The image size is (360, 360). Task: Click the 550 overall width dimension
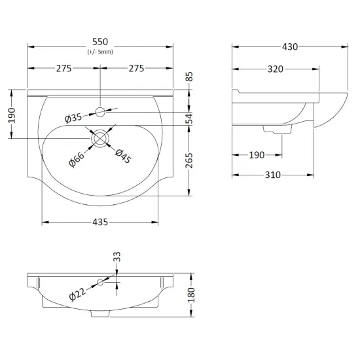pyautogui.click(x=100, y=42)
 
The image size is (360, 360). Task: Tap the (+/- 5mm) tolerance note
pyautogui.click(x=100, y=52)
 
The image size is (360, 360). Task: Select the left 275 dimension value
pyautogui.click(x=64, y=69)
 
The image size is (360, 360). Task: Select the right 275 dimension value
pyautogui.click(x=136, y=69)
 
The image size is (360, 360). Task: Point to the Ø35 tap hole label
pyautogui.click(x=73, y=118)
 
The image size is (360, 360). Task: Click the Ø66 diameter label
pyautogui.click(x=77, y=159)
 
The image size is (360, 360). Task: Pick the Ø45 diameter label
pyautogui.click(x=123, y=156)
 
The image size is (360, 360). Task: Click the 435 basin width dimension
pyautogui.click(x=100, y=222)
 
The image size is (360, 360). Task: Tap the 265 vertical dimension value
pyautogui.click(x=189, y=160)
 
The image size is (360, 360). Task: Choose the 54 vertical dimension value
pyautogui.click(x=189, y=118)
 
